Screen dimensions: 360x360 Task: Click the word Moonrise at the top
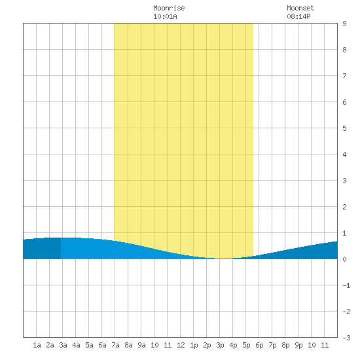169,8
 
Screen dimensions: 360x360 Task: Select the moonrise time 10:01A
165,16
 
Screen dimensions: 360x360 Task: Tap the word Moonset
300,8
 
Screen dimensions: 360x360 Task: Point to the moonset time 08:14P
298,16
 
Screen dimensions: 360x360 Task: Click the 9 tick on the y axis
344,24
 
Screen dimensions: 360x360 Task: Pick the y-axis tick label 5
344,128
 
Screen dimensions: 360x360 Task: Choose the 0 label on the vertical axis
344,259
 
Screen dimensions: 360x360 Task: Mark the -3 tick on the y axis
346,338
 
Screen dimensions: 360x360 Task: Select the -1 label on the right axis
346,285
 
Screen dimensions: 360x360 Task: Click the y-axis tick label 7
344,76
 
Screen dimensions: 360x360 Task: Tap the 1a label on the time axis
37,345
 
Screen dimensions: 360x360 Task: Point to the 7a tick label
115,345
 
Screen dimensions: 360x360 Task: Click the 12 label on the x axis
181,345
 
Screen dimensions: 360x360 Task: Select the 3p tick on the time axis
220,345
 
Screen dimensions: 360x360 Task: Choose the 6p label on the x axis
259,345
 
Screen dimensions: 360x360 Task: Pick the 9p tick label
298,345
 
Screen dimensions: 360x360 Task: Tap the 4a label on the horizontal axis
76,345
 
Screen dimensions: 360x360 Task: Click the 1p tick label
194,345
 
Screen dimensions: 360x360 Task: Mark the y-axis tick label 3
344,181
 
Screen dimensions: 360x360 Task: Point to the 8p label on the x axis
285,345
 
